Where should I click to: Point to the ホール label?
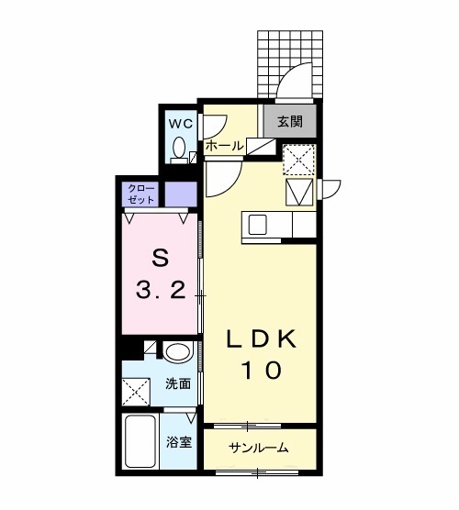pyautogui.click(x=224, y=146)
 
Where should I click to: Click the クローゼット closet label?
pyautogui.click(x=142, y=194)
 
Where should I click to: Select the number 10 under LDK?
pyautogui.click(x=262, y=371)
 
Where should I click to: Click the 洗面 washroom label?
pyautogui.click(x=179, y=384)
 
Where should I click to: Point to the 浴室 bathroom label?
pyautogui.click(x=179, y=442)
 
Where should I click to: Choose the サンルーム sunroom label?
pyautogui.click(x=259, y=449)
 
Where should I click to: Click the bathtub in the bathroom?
pyautogui.click(x=141, y=444)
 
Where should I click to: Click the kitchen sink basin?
pyautogui.click(x=257, y=225)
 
